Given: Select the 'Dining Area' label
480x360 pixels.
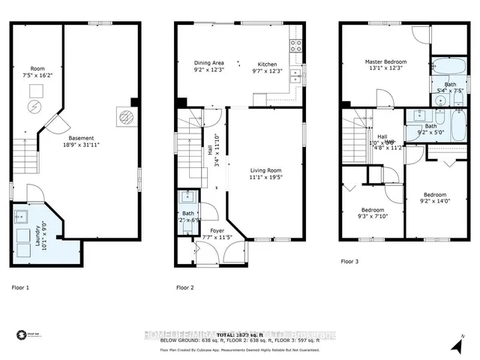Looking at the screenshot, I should tap(209, 63).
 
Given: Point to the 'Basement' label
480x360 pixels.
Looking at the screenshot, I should tap(81, 139).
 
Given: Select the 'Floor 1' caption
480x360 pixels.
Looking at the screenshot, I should tap(21, 287).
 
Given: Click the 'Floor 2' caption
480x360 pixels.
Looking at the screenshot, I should tap(185, 287).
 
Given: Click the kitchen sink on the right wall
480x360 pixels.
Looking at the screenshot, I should tap(295, 74).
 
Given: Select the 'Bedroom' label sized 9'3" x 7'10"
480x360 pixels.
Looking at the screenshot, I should tap(373, 210).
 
